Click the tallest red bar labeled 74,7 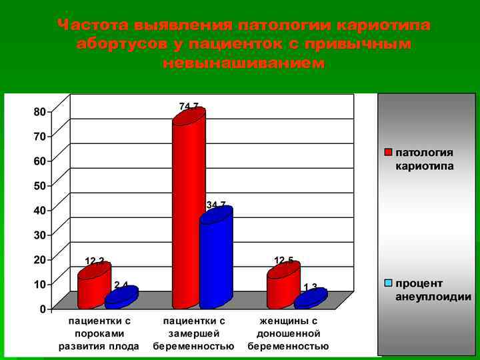189,207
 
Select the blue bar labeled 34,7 216,257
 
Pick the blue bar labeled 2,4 121,298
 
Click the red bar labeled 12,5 283,286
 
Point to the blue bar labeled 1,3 311,299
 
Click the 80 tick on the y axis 40,112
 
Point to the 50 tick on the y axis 40,185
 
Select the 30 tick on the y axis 40,235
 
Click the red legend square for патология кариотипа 388,153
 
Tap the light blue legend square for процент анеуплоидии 388,283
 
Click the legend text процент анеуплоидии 433,290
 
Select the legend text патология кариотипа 425,159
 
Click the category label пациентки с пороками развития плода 99,333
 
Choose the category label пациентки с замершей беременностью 193,333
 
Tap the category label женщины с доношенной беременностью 288,333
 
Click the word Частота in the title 93,25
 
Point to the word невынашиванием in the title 243,63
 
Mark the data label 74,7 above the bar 189,105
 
